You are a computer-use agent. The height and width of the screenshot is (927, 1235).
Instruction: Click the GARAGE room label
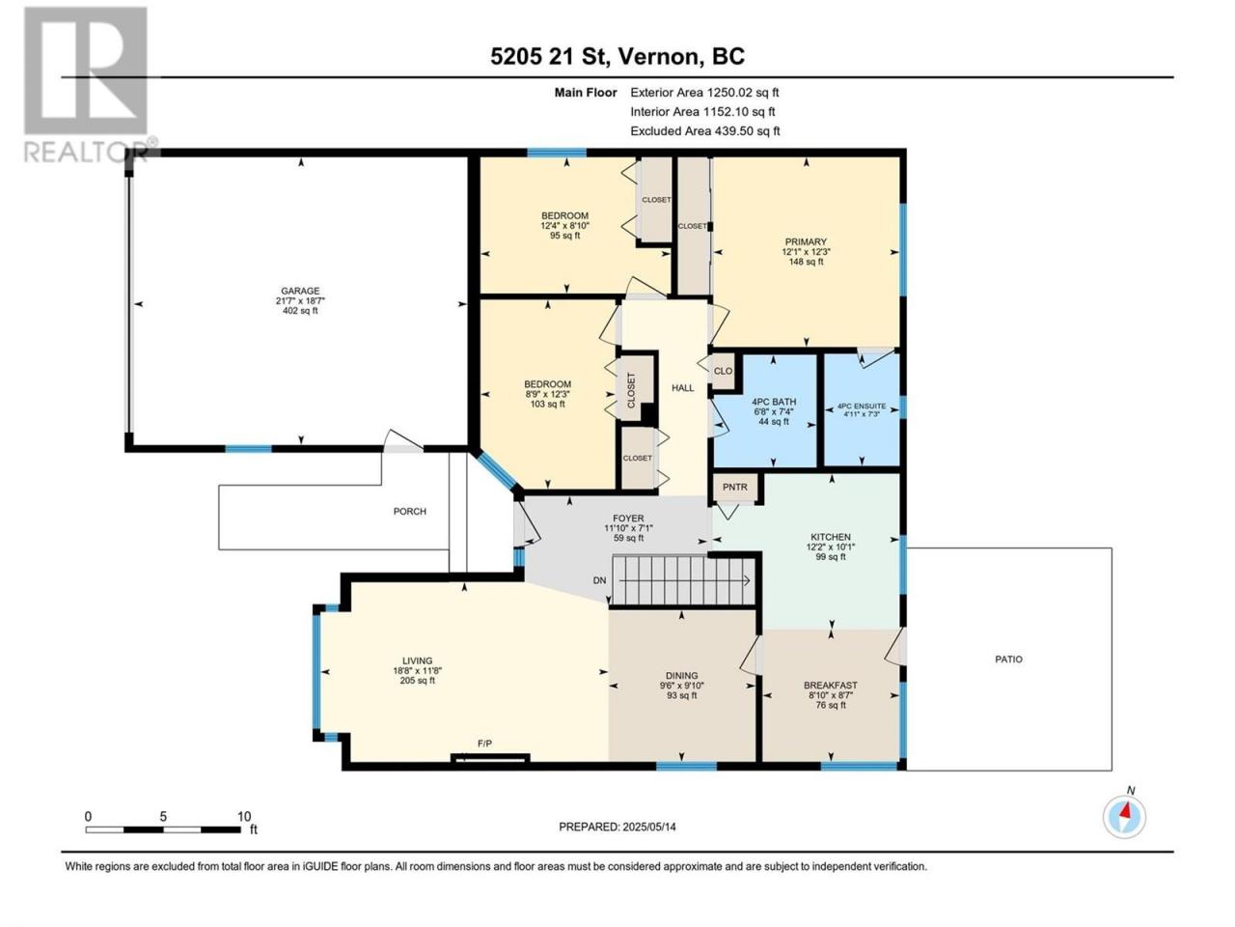(300, 291)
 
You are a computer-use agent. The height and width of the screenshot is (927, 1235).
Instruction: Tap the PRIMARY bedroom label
(806, 242)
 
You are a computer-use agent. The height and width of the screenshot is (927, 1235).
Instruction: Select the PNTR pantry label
(735, 487)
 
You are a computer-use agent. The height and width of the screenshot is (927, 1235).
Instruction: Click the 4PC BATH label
(774, 402)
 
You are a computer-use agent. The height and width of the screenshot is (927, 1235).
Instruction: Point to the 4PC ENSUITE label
(862, 406)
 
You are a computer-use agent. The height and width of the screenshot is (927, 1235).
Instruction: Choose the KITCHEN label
(831, 537)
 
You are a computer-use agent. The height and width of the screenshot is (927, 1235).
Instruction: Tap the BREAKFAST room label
(831, 685)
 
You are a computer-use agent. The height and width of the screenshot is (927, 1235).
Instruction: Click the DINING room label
(682, 675)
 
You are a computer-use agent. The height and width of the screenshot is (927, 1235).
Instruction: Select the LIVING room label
(417, 660)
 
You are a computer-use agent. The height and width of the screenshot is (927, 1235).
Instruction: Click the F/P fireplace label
(484, 744)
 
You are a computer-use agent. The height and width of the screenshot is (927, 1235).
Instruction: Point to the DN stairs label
(600, 580)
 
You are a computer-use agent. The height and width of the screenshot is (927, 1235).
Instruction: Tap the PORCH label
(410, 511)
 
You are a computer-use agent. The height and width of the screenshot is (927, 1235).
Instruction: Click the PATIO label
(1008, 660)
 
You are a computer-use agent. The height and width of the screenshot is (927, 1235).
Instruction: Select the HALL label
(683, 388)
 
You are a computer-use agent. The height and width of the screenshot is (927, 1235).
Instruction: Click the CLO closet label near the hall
(723, 371)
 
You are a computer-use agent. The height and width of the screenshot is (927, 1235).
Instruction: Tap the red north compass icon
(1125, 817)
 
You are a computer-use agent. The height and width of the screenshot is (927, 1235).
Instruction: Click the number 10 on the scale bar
(244, 816)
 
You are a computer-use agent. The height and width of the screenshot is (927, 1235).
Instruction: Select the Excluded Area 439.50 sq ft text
(705, 131)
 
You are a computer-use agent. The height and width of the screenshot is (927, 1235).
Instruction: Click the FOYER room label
(628, 519)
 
